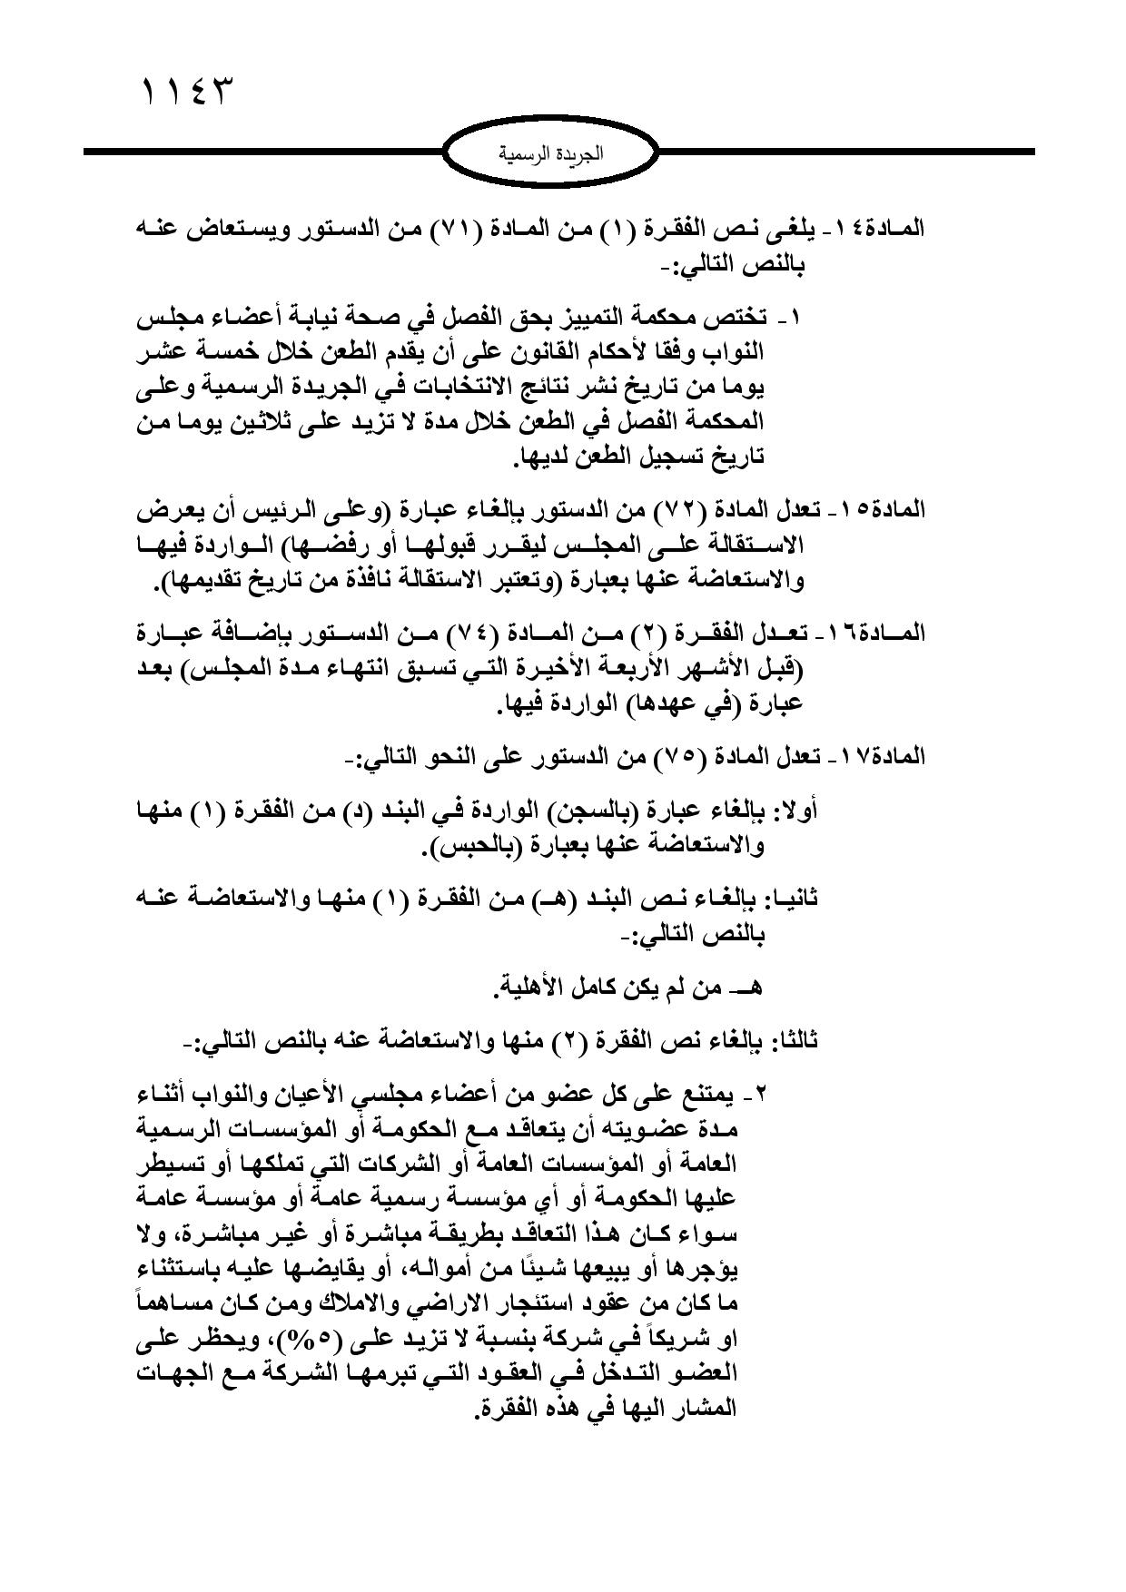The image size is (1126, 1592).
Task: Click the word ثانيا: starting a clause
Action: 789,898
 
